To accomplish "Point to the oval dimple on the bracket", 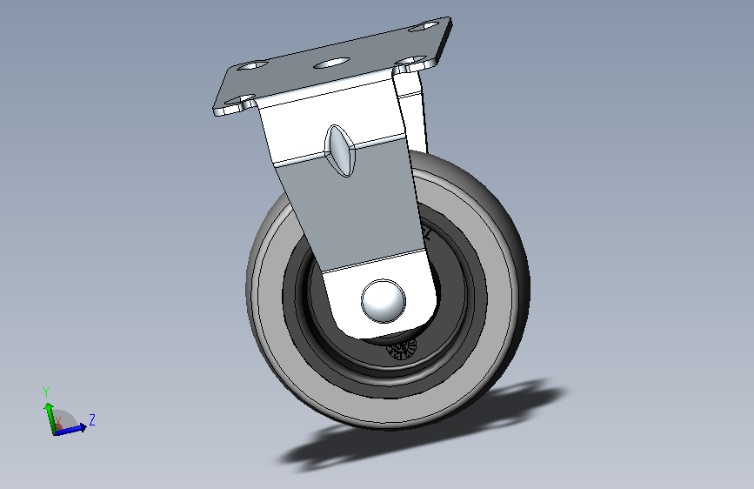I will point(340,149).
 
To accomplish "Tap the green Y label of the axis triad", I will point(46,392).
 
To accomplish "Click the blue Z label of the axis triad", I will point(91,420).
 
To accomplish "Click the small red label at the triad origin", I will point(58,425).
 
